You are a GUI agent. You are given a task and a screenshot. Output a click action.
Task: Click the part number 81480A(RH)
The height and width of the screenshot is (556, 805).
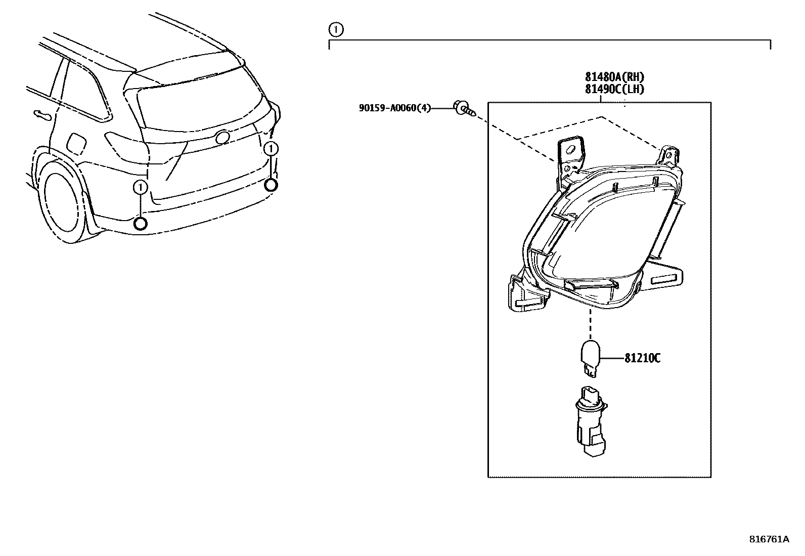(x=614, y=77)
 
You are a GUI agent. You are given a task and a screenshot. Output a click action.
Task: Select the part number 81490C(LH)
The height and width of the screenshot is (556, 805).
(x=614, y=89)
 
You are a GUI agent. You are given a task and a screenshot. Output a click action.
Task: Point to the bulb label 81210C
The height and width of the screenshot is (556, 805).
(x=642, y=358)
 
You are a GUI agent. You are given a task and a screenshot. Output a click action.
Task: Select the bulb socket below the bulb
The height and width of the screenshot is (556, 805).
(x=592, y=413)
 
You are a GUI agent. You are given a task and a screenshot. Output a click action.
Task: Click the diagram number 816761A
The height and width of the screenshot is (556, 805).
(x=769, y=539)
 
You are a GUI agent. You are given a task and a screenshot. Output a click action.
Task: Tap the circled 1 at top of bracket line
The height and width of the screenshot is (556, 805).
(x=335, y=30)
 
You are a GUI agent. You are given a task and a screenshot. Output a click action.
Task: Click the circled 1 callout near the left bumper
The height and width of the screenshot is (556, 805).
(x=140, y=188)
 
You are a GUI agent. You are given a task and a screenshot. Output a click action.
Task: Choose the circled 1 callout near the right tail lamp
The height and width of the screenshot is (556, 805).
(x=272, y=149)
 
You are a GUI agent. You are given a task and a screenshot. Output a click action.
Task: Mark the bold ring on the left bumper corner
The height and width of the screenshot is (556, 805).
(x=141, y=223)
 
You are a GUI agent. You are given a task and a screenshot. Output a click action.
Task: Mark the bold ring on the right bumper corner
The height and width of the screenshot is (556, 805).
(x=272, y=185)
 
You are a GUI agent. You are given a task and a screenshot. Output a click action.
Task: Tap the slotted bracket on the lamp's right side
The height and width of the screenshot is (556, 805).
(x=664, y=279)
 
